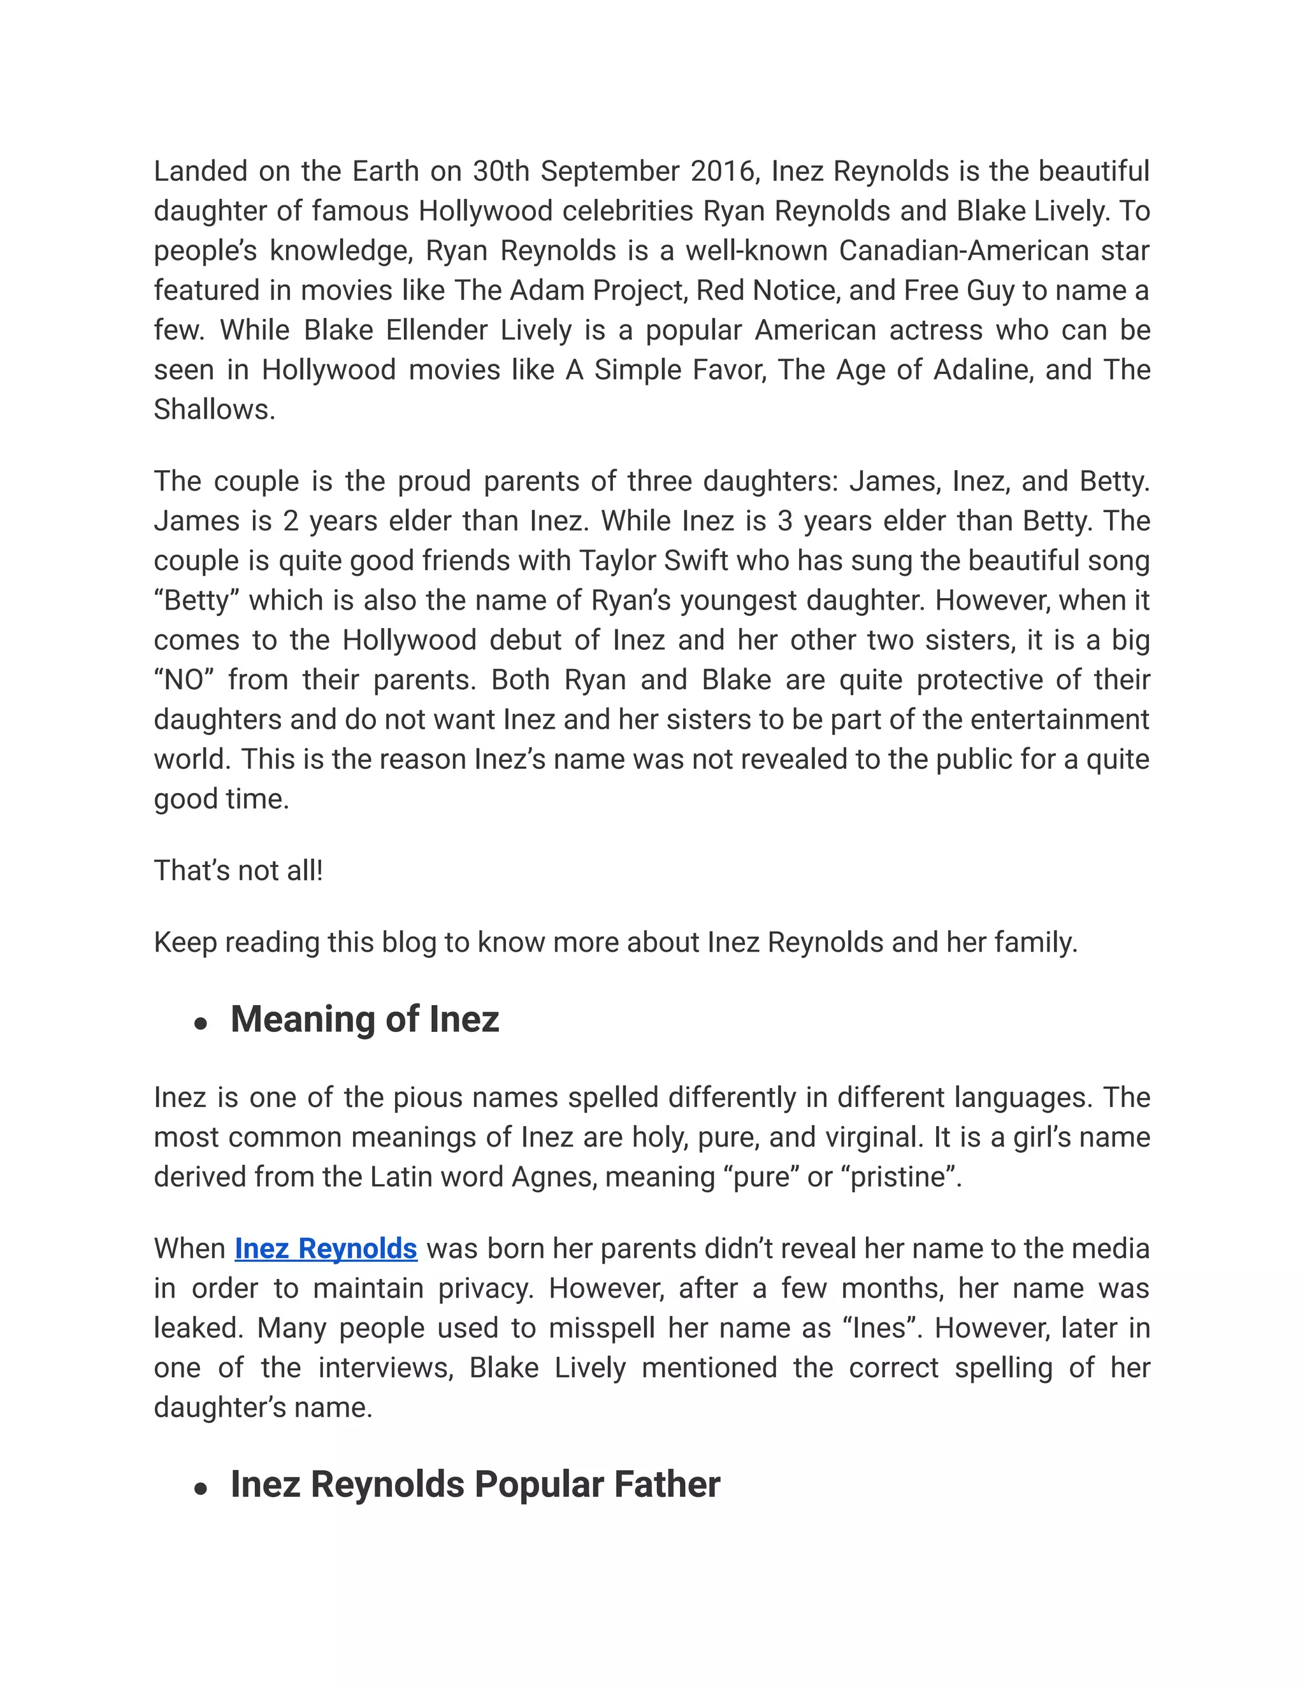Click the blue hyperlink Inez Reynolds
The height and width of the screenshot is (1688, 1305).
(x=326, y=1249)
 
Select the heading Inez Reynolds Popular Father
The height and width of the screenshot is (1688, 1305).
(x=475, y=1485)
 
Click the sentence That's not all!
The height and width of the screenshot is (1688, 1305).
(x=238, y=871)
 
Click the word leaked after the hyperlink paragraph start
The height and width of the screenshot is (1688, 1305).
(x=197, y=1328)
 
